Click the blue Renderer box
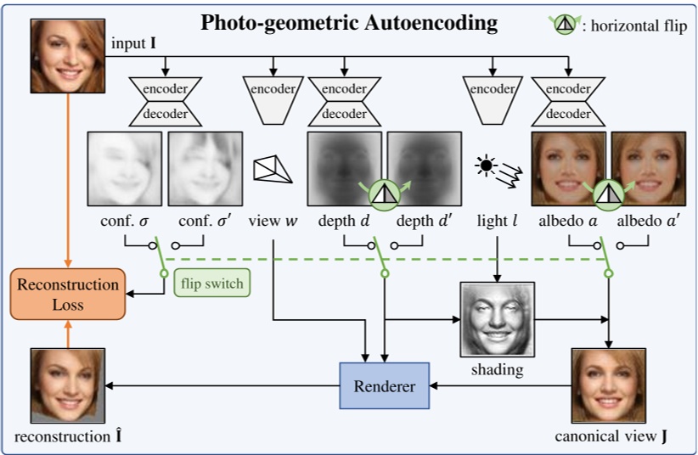pyautogui.click(x=385, y=387)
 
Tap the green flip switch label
pyautogui.click(x=212, y=284)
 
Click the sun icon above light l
pyautogui.click(x=487, y=165)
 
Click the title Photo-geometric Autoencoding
pyautogui.click(x=349, y=23)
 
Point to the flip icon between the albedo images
pyautogui.click(x=607, y=193)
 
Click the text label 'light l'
pyautogui.click(x=496, y=222)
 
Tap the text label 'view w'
pyautogui.click(x=274, y=222)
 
